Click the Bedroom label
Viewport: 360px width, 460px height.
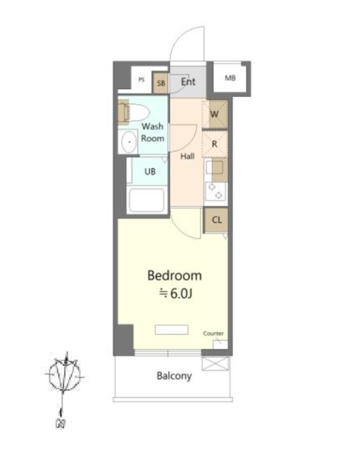point(175,276)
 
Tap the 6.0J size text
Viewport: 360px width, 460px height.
point(181,294)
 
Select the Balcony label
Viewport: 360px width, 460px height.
point(175,376)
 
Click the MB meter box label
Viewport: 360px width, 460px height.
point(230,78)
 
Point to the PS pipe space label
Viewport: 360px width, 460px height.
point(142,80)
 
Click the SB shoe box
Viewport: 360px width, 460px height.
point(160,83)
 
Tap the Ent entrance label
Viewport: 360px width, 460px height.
point(188,81)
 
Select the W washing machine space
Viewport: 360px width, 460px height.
point(215,114)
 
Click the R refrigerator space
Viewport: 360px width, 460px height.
point(215,144)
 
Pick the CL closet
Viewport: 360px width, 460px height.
point(216,220)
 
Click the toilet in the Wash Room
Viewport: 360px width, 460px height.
point(134,111)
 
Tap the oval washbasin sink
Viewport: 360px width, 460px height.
point(129,142)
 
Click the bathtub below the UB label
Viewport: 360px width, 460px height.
point(147,200)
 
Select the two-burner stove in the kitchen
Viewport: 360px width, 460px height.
point(216,191)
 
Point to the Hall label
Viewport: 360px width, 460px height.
point(188,157)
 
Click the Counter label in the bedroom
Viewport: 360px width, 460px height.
point(213,333)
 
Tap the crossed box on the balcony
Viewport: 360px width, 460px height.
point(216,364)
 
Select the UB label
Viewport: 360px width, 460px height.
point(150,172)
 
